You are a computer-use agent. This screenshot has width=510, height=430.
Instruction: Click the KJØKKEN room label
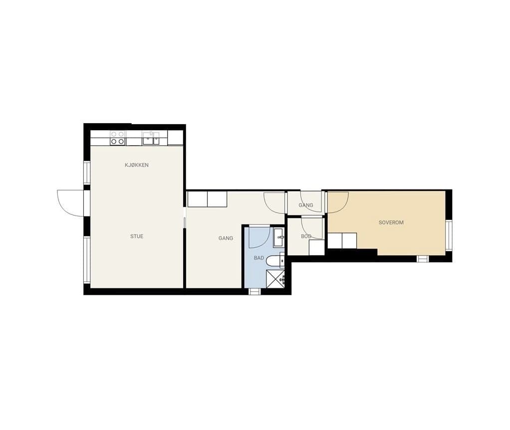(137, 165)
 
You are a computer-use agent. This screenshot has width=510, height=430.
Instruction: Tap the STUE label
(137, 236)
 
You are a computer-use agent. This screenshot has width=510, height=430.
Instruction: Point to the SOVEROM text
(391, 222)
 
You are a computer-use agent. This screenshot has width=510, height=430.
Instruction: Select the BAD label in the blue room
(259, 258)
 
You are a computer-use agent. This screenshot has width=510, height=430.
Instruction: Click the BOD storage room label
(306, 236)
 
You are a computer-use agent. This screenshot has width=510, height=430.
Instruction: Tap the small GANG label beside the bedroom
(306, 206)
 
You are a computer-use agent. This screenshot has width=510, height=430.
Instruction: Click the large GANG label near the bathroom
(226, 238)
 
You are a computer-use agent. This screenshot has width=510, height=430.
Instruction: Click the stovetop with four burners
(117, 138)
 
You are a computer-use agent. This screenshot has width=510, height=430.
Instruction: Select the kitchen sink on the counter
(151, 138)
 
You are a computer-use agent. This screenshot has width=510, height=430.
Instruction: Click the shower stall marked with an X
(275, 279)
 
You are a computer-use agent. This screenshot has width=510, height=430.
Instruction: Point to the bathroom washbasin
(279, 237)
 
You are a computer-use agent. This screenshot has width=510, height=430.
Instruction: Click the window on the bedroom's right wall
(449, 235)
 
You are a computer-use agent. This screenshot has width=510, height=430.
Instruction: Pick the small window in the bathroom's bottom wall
(255, 291)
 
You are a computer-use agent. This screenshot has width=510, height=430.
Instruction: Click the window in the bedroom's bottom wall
(423, 259)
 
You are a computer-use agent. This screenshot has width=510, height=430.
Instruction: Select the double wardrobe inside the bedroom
(342, 240)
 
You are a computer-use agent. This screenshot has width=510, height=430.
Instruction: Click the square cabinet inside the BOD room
(316, 247)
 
